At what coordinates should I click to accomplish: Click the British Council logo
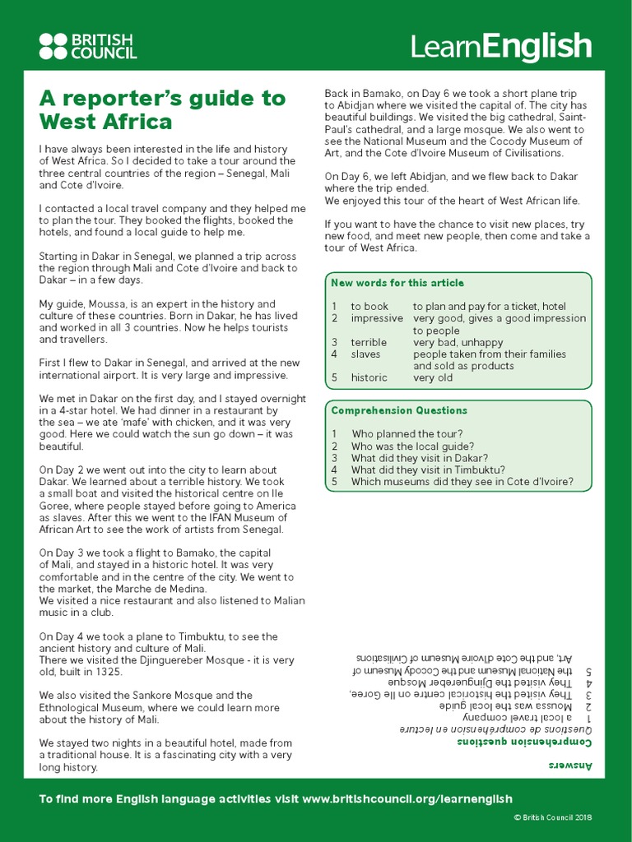point(88,46)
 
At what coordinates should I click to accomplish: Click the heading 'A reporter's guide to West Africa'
point(162,110)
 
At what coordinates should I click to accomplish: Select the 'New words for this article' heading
point(397,284)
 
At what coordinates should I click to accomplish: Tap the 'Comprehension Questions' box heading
point(399,410)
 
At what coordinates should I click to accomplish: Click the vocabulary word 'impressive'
point(377,318)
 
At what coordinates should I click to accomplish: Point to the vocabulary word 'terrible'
point(369,342)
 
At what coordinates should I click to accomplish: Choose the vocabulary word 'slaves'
point(365,354)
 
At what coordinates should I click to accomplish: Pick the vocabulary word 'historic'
point(369,378)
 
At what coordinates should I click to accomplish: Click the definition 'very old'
point(434,378)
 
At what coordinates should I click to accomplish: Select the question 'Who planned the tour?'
point(407,434)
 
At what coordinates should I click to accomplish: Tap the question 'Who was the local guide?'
point(412,446)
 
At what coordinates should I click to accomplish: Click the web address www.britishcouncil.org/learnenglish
point(407,798)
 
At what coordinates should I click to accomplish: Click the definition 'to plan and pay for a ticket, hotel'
point(489,307)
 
